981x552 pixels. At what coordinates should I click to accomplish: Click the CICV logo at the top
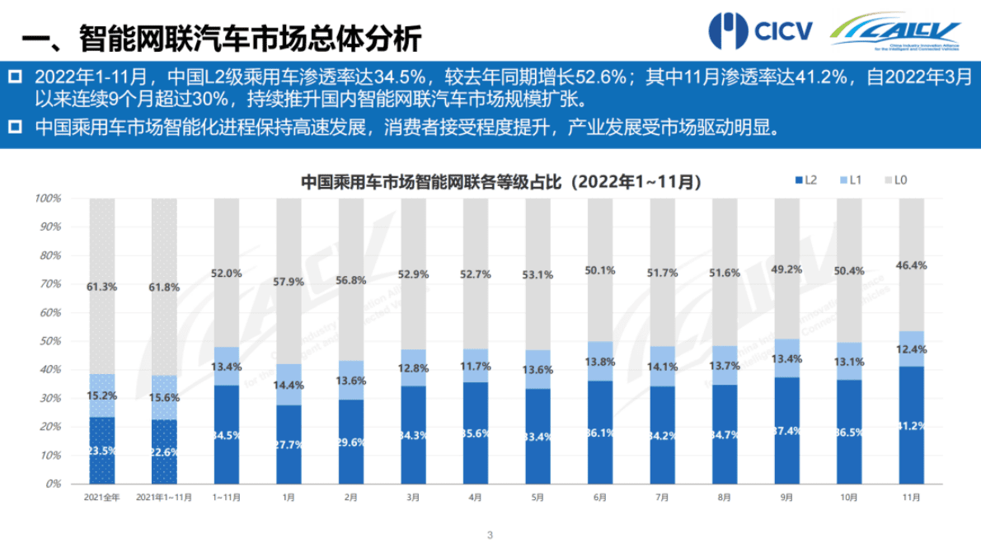tap(760, 31)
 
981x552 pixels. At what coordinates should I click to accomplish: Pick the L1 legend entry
tap(850, 180)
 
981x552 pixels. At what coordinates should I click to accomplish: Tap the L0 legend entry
tap(896, 180)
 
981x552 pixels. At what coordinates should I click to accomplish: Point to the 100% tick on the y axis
tap(49, 199)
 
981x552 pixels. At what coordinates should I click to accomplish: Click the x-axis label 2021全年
tap(101, 498)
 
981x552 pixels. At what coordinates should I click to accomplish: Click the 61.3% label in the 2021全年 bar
tap(101, 287)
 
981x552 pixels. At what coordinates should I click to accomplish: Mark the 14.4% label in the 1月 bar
tap(289, 385)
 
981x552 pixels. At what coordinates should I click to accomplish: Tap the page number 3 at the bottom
tap(490, 536)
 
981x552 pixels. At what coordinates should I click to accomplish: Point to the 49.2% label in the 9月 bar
tap(786, 268)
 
